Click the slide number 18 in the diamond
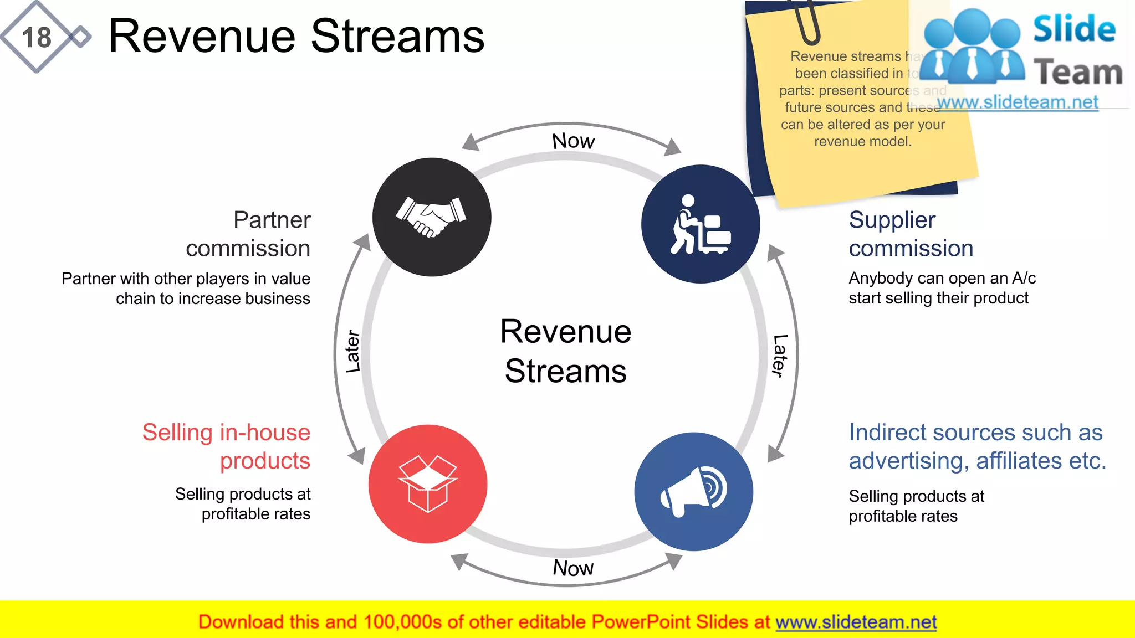coord(37,38)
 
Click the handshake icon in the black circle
coord(431,217)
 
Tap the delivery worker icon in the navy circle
coord(700,224)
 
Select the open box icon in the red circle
coord(427,483)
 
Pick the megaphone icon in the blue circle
coord(694,492)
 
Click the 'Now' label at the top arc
coord(573,141)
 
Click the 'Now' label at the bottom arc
coord(573,568)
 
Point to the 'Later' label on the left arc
coord(353,352)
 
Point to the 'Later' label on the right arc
coord(780,356)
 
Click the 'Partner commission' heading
coord(248,234)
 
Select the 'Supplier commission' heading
coord(911,234)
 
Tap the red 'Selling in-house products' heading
coord(226,446)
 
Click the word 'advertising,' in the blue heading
coord(909,461)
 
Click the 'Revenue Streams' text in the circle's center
coord(565,351)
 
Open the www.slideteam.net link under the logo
coord(1018,102)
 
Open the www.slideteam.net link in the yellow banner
coord(856,622)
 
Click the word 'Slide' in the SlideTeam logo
coord(1074,29)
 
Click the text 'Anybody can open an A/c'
coord(942,278)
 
